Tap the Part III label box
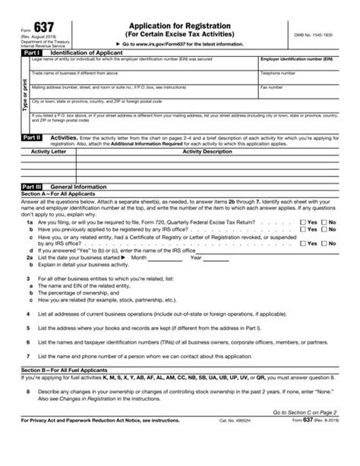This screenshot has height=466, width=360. click(30, 186)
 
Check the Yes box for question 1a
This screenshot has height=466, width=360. click(304, 222)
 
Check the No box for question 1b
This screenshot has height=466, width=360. click(324, 228)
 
